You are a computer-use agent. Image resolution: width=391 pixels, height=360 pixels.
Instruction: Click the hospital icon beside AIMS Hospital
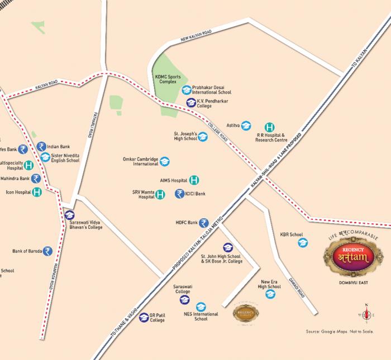(194, 180)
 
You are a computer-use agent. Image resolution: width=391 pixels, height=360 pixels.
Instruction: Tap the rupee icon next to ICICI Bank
(179, 194)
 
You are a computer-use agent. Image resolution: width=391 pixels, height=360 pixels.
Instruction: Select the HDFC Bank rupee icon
(204, 223)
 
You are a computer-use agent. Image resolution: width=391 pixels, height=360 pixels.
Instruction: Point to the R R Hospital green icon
(269, 127)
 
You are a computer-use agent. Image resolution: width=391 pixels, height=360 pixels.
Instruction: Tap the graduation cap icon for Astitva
(246, 126)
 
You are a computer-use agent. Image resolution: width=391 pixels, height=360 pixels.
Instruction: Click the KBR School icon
(303, 242)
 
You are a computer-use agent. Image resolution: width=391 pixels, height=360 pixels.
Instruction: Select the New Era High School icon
(270, 294)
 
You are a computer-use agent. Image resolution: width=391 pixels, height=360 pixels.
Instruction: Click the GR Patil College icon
(144, 317)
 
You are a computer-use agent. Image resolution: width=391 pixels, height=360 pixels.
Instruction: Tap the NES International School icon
(201, 306)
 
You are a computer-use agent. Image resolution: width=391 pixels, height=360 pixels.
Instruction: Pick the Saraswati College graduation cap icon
(184, 300)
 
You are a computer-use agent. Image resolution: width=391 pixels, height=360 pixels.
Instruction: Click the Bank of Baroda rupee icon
(47, 251)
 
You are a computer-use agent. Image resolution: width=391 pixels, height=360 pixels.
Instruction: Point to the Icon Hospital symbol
(37, 192)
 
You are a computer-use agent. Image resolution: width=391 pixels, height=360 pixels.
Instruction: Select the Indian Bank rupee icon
(41, 146)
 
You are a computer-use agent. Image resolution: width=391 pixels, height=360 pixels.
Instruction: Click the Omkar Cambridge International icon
(165, 161)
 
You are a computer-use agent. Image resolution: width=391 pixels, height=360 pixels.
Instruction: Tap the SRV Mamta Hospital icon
(160, 195)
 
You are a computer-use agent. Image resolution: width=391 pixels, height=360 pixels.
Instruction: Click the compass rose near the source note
(366, 315)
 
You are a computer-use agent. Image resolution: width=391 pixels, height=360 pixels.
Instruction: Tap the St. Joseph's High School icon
(203, 136)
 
